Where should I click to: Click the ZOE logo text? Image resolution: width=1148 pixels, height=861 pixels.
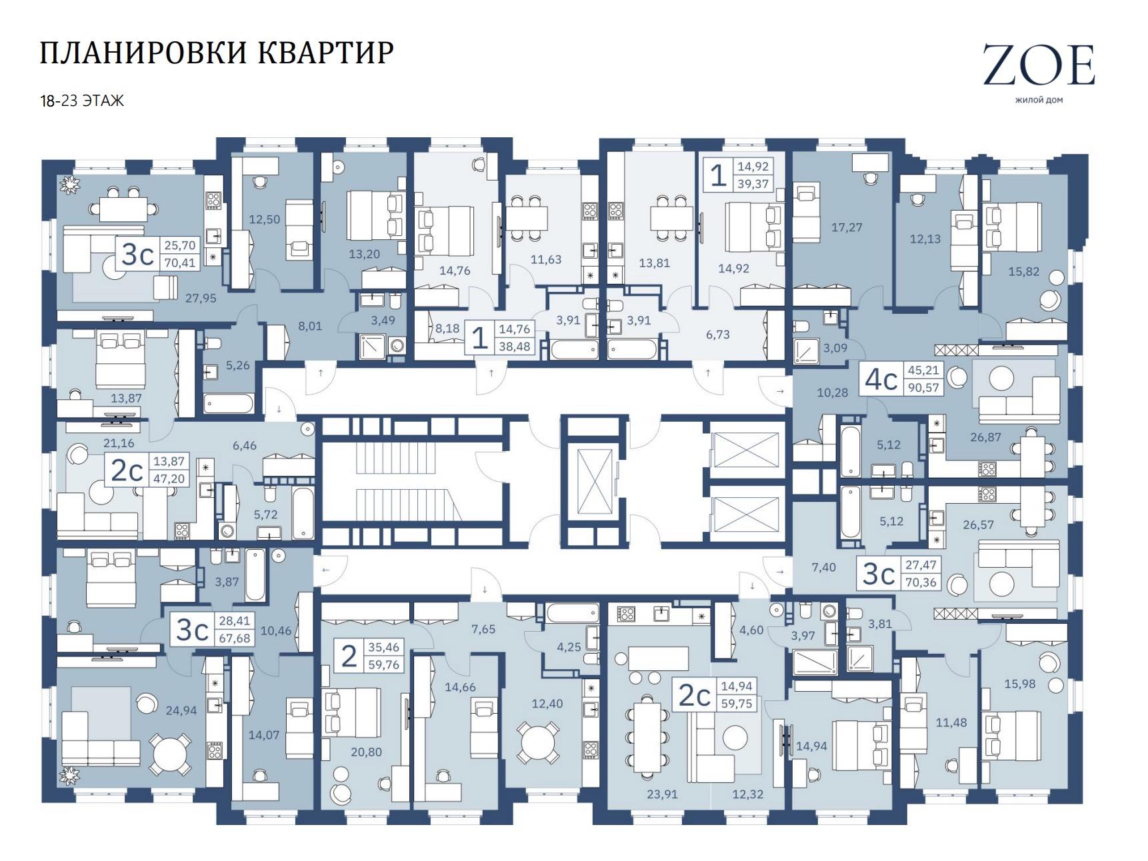coord(1039,65)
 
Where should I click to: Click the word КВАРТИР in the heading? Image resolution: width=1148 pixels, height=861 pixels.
coord(325,53)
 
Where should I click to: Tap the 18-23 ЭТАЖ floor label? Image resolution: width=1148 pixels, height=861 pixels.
coord(82,101)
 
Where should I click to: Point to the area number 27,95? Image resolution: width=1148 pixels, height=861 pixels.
coord(201,299)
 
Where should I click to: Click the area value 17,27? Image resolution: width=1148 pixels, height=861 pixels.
coord(847,227)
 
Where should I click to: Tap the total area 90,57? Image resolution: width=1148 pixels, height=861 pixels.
coord(923,387)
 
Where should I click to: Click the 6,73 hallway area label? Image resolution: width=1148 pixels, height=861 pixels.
coord(717,335)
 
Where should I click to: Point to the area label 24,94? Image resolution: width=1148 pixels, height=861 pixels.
coord(181,710)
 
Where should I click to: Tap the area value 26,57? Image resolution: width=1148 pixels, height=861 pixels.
coord(978,524)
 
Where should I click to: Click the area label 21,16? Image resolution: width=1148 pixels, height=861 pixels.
coord(119,443)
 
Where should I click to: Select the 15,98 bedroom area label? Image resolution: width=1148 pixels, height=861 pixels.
coord(1019,683)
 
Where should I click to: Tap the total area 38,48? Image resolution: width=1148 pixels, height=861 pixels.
coord(515,346)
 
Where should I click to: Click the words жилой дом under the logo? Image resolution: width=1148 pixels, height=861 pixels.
coord(1039,101)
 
